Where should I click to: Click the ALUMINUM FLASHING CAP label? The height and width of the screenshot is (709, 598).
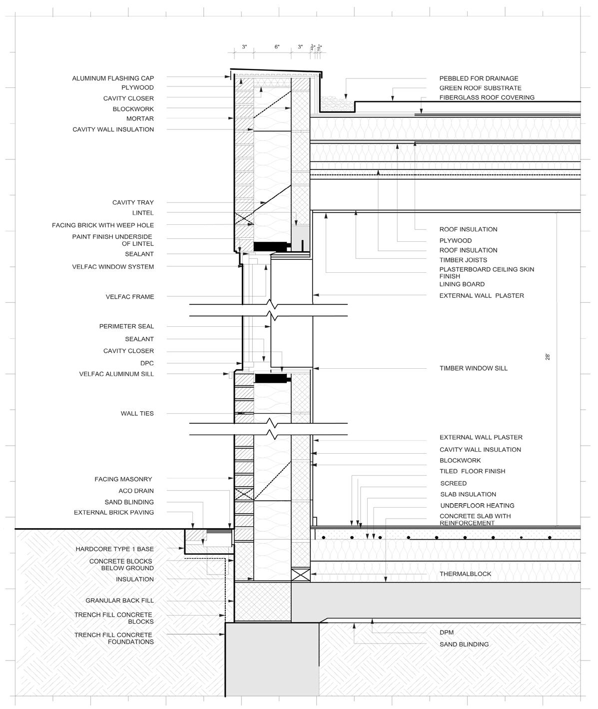coord(113,78)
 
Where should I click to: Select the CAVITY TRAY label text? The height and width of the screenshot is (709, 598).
coord(133,202)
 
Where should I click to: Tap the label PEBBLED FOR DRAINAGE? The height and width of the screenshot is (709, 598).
coord(479,78)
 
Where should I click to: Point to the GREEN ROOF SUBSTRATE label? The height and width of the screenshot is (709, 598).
coord(480,88)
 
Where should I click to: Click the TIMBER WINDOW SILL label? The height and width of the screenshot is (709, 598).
coord(473,368)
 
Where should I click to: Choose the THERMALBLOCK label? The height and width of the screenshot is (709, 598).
coord(465,574)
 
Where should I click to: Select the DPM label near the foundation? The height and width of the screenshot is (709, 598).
coord(447,632)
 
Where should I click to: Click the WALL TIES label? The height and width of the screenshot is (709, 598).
coord(137,413)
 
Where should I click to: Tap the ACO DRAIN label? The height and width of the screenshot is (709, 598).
coord(136,491)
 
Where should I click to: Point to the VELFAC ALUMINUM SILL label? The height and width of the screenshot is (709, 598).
coord(116,374)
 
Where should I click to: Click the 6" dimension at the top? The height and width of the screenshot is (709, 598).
coord(277,46)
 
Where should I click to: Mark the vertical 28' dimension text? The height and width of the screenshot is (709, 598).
coord(548,357)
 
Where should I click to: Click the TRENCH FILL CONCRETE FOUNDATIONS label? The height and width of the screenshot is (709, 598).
coord(114,638)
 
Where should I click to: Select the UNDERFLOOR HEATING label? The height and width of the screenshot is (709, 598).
coord(477,505)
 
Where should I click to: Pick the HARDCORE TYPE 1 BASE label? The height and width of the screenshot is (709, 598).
coord(114,549)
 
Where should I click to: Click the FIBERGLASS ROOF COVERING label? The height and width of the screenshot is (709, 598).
coord(487,97)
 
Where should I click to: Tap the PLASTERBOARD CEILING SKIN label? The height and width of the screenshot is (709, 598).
coord(486,269)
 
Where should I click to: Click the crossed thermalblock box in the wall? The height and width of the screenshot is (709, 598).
coord(300,574)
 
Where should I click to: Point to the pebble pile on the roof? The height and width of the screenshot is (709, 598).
coord(332,104)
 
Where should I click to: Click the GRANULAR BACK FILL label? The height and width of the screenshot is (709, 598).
coord(119,600)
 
